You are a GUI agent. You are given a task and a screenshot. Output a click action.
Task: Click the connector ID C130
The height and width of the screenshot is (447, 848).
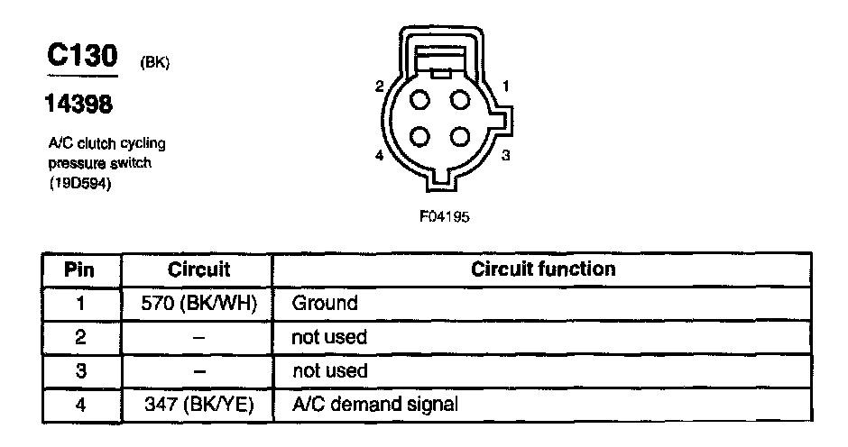tap(83, 57)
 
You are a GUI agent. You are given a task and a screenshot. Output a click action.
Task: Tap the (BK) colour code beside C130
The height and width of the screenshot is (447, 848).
tap(155, 63)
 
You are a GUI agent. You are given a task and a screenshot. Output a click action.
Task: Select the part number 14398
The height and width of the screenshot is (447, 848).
tap(79, 105)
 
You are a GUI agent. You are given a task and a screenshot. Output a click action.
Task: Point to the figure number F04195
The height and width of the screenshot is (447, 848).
tap(444, 216)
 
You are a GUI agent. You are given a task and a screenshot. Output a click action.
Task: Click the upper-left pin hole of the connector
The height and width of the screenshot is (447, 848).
tap(420, 99)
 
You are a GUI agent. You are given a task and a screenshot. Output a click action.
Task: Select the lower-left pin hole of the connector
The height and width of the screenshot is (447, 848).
tap(420, 136)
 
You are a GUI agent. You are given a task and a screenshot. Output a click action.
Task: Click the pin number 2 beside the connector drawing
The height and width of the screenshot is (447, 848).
tap(380, 87)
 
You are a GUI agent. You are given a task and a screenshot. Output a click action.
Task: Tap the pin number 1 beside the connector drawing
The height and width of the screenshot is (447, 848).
tap(506, 87)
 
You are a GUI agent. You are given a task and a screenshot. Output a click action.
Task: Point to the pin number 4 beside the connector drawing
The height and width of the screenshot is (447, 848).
tap(380, 156)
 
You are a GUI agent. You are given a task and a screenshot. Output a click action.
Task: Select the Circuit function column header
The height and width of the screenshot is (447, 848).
tap(543, 269)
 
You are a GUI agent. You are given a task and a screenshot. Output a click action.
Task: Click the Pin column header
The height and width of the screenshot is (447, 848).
tap(81, 269)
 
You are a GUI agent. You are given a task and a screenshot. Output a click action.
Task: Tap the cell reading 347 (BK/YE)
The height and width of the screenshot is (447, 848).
tap(198, 405)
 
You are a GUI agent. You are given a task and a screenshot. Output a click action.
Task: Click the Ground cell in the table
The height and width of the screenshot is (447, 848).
tap(324, 303)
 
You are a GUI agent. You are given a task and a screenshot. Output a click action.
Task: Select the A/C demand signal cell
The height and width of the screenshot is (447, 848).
tap(374, 405)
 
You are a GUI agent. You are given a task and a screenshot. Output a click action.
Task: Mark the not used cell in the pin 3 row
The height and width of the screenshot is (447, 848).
tap(331, 370)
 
